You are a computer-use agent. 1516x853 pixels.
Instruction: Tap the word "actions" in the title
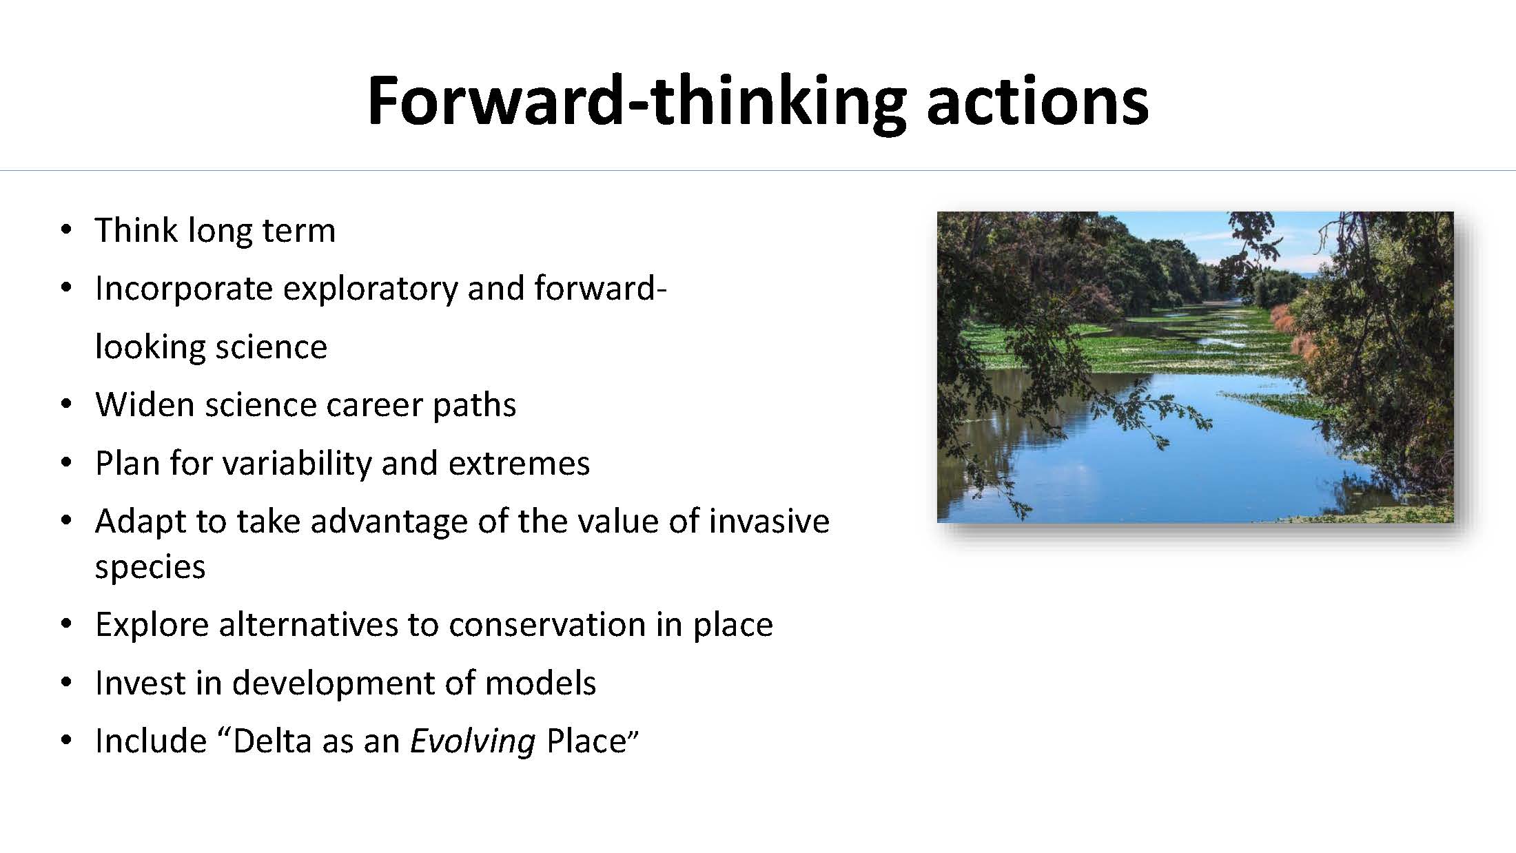(x=1037, y=102)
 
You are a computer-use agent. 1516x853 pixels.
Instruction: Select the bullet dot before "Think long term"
(x=66, y=230)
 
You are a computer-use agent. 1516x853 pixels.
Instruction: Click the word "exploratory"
(x=371, y=288)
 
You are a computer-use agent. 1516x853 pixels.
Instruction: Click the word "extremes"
(x=520, y=463)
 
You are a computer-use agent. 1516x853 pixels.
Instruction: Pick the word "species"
(x=150, y=567)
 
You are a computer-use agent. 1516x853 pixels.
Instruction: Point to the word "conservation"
(x=547, y=624)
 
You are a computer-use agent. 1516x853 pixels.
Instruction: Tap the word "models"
(x=540, y=682)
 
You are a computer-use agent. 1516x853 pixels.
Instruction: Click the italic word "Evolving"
(x=473, y=741)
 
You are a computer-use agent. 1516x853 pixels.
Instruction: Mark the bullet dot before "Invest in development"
(x=66, y=683)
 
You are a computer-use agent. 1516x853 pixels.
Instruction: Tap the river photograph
(x=1195, y=367)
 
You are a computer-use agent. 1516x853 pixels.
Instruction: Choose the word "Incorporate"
(x=184, y=288)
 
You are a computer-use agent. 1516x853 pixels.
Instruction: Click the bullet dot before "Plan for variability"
(x=66, y=463)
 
